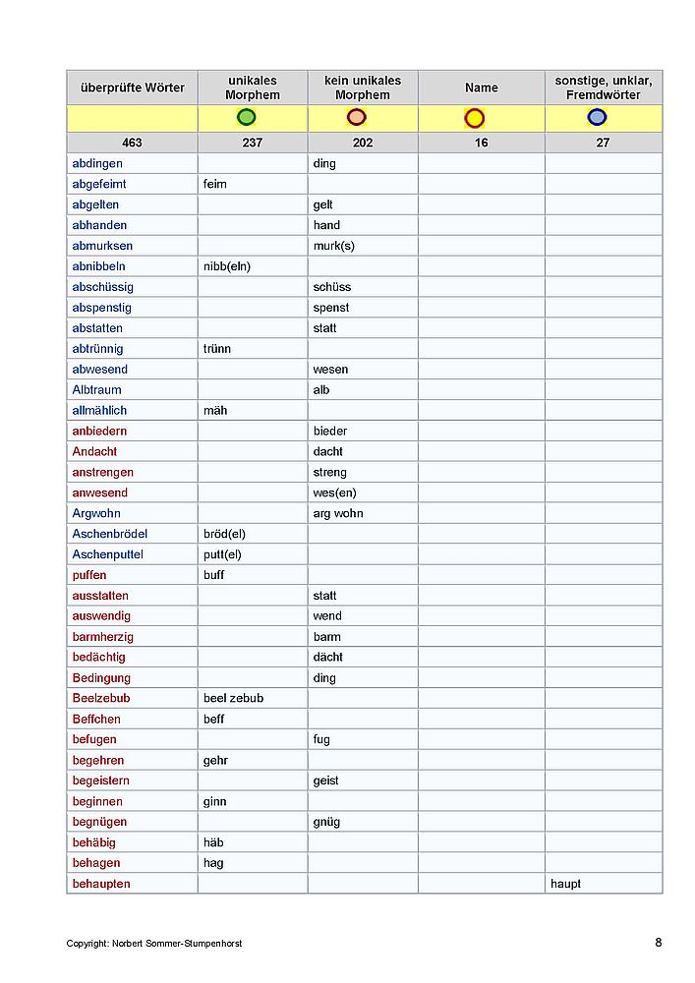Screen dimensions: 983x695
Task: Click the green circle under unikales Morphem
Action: pyautogui.click(x=247, y=118)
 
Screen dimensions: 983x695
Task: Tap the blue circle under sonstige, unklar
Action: pyautogui.click(x=597, y=118)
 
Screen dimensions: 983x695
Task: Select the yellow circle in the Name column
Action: pyautogui.click(x=475, y=118)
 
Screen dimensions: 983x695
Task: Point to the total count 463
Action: pyautogui.click(x=132, y=143)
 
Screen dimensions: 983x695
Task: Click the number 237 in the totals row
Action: pyautogui.click(x=253, y=143)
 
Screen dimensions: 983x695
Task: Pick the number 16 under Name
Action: pyautogui.click(x=481, y=143)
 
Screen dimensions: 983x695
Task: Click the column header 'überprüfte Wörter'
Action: pyautogui.click(x=132, y=87)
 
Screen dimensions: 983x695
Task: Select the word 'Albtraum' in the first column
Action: pyautogui.click(x=97, y=390)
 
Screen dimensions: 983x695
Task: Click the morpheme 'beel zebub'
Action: pyautogui.click(x=233, y=698)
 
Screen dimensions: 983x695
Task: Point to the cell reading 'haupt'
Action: pyautogui.click(x=565, y=884)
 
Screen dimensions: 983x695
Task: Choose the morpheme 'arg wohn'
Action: pyautogui.click(x=338, y=513)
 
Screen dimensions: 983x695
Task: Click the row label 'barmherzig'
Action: pyautogui.click(x=101, y=637)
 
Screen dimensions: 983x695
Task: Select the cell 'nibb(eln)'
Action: pyautogui.click(x=227, y=266)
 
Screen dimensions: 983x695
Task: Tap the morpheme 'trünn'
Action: pyautogui.click(x=217, y=349)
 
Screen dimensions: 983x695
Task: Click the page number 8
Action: pyautogui.click(x=658, y=942)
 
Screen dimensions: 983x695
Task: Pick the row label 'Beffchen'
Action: pyautogui.click(x=96, y=719)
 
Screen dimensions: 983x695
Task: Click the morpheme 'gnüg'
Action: pyautogui.click(x=326, y=822)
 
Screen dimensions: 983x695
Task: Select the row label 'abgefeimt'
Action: pyautogui.click(x=99, y=184)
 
